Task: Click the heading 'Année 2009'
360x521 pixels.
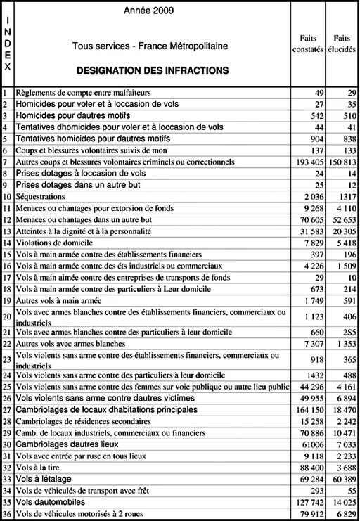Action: pyautogui.click(x=149, y=11)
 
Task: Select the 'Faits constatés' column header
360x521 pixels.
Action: pyautogui.click(x=307, y=43)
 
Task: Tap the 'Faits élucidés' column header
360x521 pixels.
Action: pyautogui.click(x=342, y=43)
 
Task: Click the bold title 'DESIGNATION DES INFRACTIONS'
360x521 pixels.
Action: pyautogui.click(x=152, y=71)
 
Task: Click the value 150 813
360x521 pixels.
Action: pyautogui.click(x=342, y=162)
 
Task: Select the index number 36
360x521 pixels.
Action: pyautogui.click(x=7, y=515)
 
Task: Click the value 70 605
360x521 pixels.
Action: pyautogui.click(x=309, y=219)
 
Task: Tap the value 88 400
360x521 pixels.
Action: pyautogui.click(x=309, y=468)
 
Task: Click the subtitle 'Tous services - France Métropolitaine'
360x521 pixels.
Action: pyautogui.click(x=150, y=46)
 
